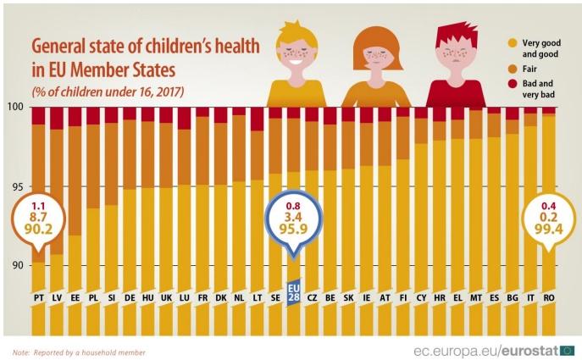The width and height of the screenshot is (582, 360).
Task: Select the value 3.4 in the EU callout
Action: [293, 217]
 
